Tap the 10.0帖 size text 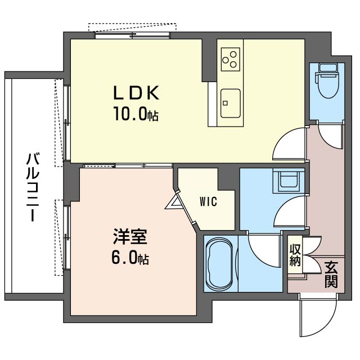coord(137,115)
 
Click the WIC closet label coord(208,201)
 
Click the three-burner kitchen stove coord(229,58)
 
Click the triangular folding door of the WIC coord(175,200)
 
